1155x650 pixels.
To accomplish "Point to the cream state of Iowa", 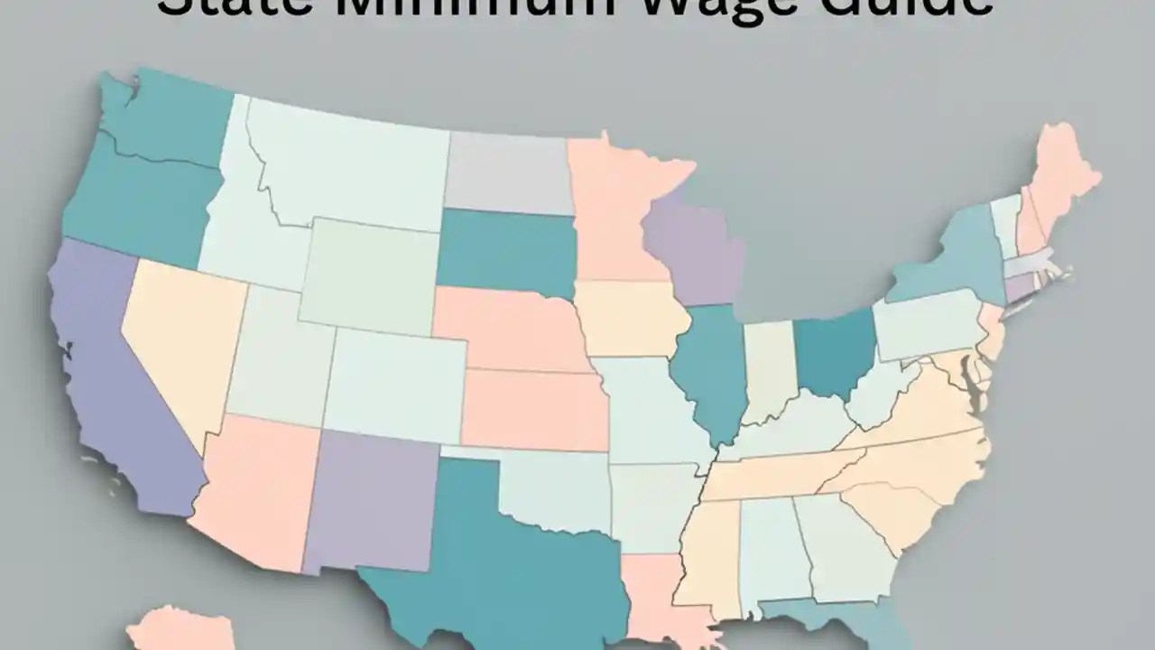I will (627, 320).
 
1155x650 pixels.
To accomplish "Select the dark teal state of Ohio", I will (835, 352).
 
